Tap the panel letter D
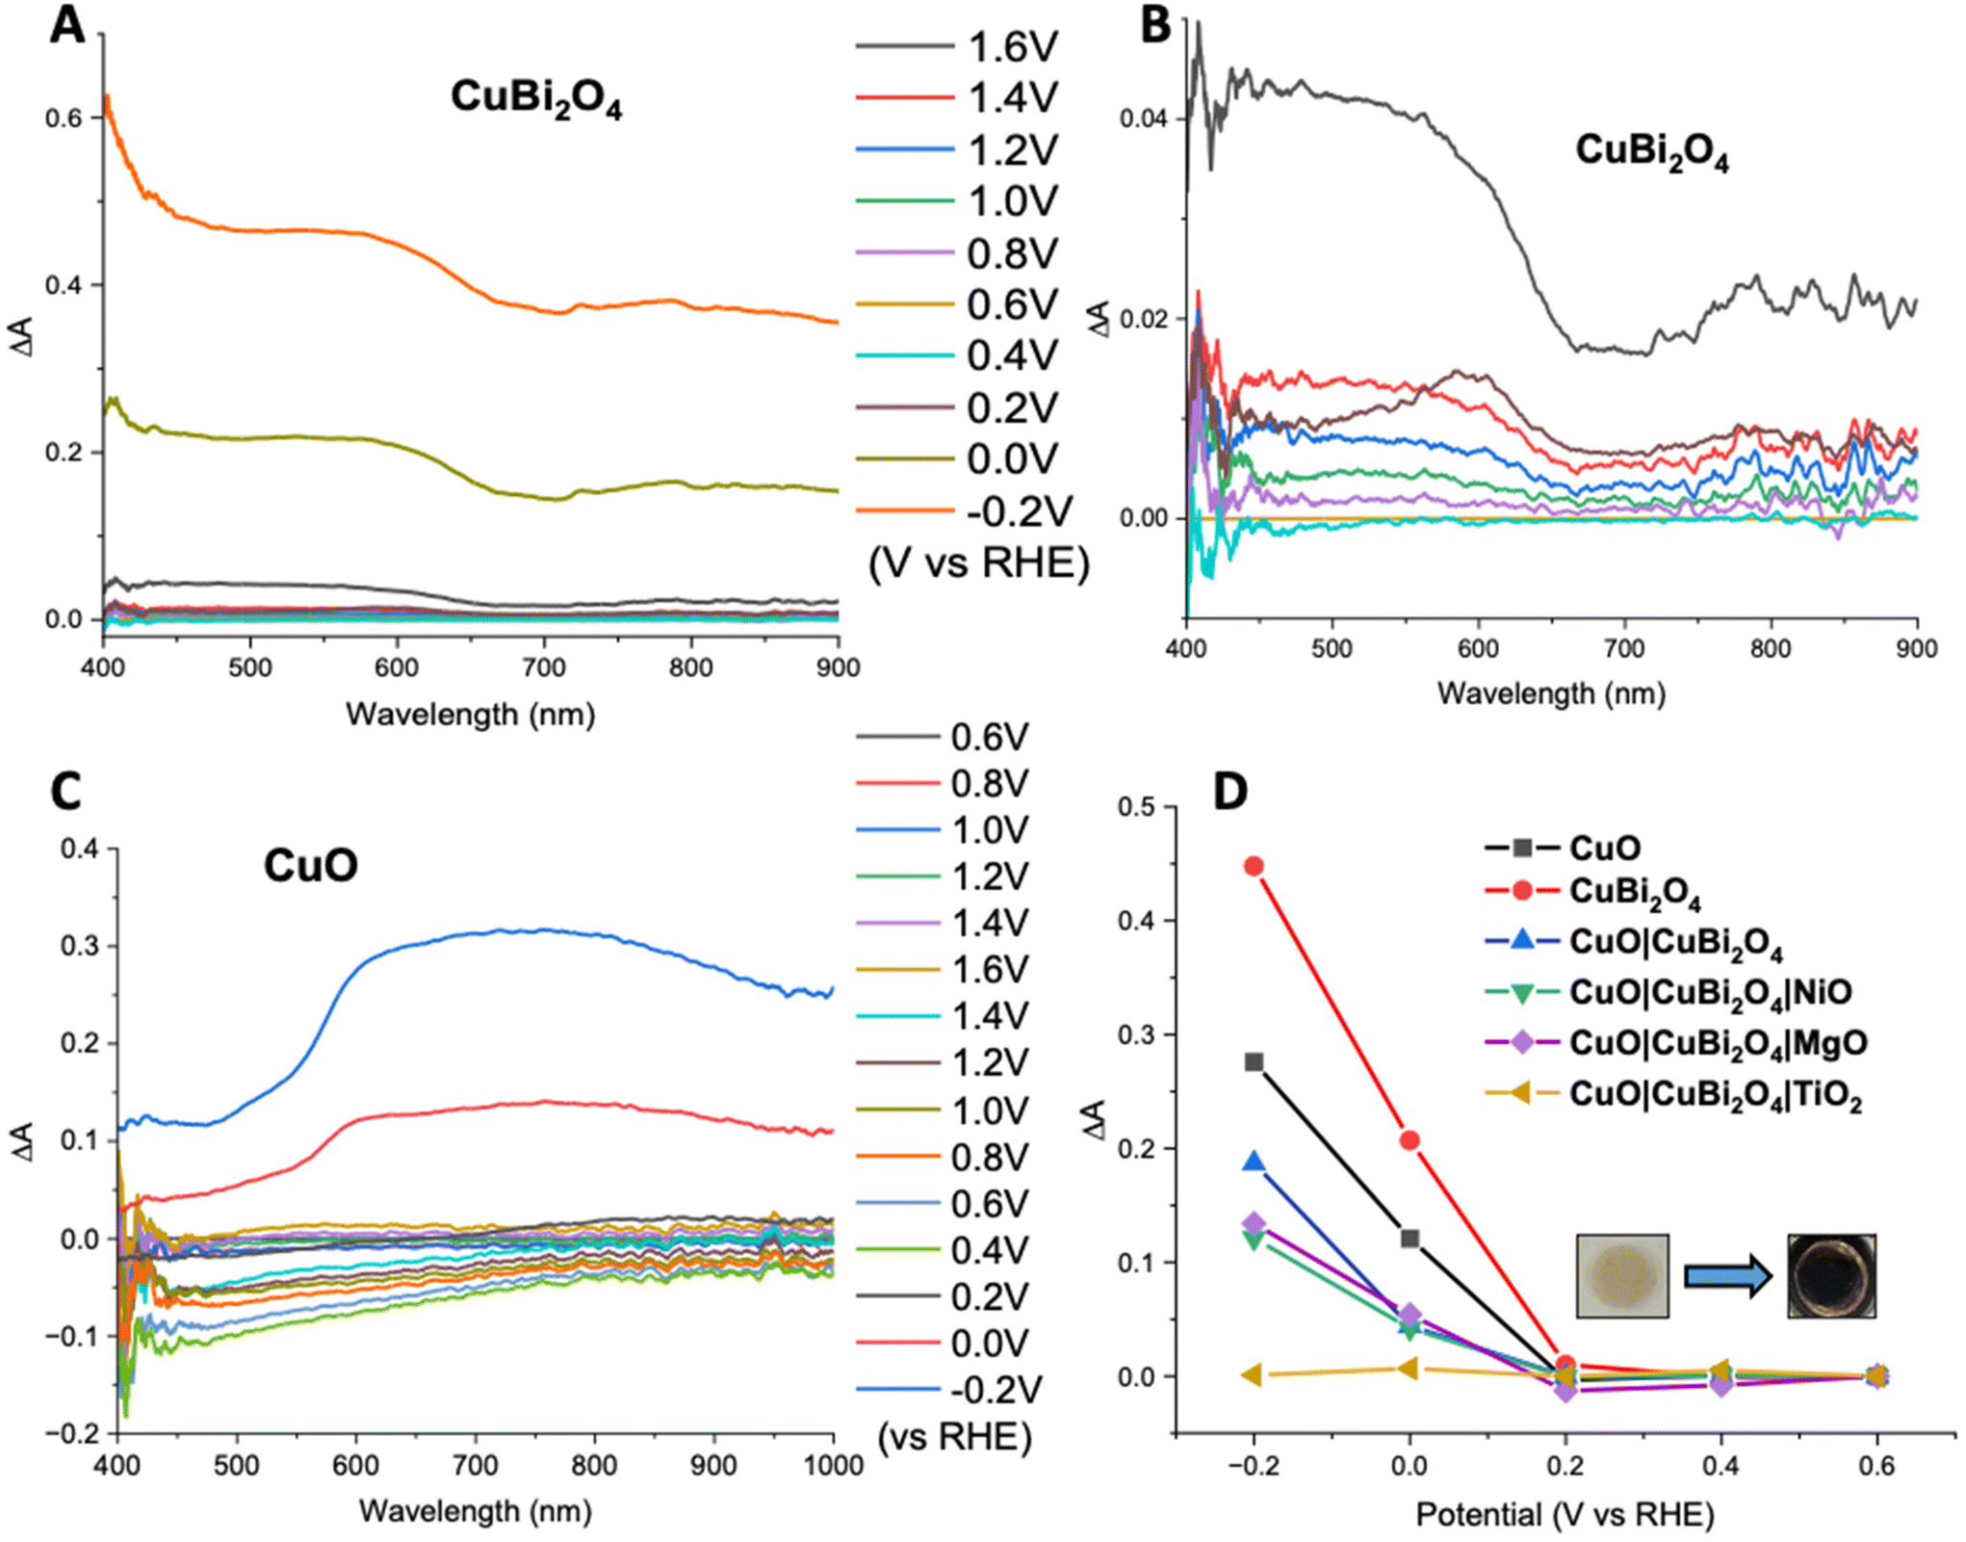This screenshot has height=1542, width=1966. [x=1229, y=791]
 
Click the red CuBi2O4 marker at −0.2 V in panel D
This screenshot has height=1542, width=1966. [x=1254, y=866]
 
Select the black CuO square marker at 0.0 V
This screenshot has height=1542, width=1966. [x=1410, y=1238]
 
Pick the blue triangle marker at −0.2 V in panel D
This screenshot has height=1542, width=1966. [x=1254, y=1161]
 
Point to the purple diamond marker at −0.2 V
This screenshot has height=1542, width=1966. [x=1254, y=1224]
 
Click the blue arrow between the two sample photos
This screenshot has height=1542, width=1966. [x=1727, y=1277]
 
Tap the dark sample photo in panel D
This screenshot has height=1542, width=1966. [x=1831, y=1276]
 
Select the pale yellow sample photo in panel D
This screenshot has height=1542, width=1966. [x=1622, y=1276]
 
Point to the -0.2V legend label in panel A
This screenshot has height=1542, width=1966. [x=1019, y=510]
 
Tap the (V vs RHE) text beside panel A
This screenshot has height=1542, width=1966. [x=979, y=562]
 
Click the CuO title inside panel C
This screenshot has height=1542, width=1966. [x=311, y=865]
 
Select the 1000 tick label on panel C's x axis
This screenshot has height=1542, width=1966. [x=833, y=1466]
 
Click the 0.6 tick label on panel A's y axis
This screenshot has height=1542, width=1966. [x=64, y=118]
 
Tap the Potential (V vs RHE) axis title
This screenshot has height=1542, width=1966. [x=1565, y=1515]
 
